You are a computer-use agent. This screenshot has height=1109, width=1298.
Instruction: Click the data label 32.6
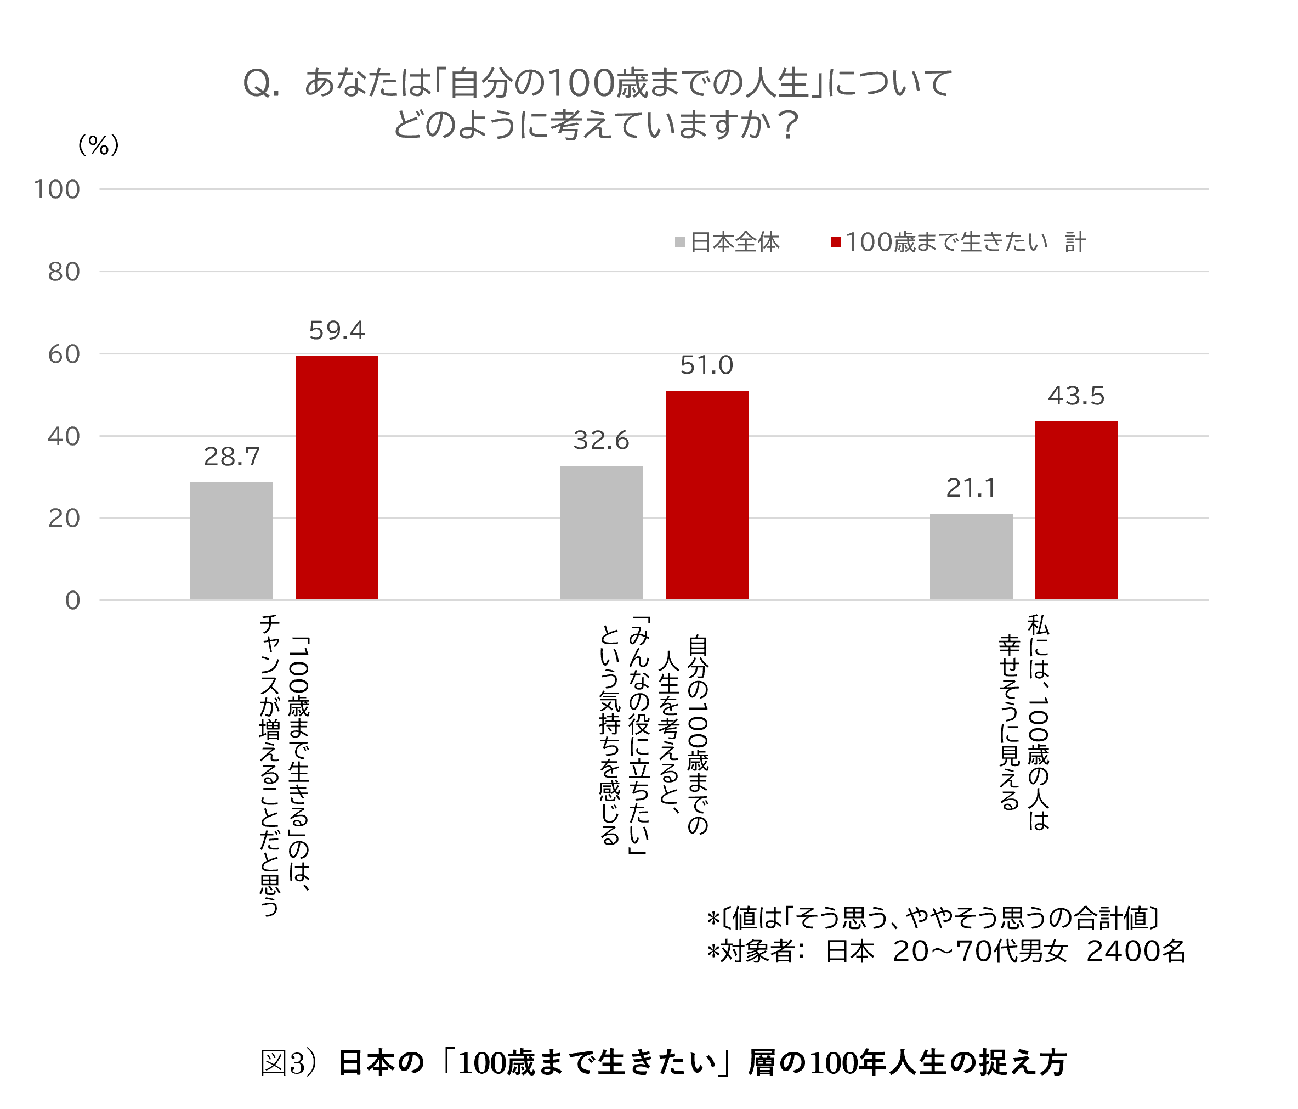point(601,440)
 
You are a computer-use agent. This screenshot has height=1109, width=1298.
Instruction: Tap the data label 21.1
point(971,488)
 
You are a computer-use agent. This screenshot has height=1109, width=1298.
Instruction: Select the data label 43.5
point(1076,396)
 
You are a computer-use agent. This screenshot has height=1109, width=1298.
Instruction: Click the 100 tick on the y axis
point(57,189)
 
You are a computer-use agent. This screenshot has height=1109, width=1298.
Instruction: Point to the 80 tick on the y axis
point(64,272)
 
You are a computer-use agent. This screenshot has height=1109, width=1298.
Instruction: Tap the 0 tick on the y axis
point(73,600)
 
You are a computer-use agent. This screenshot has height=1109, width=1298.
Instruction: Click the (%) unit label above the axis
point(98,145)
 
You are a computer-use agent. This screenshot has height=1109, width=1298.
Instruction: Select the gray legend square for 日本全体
point(681,242)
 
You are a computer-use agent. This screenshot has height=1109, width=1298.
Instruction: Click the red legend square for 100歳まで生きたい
point(836,242)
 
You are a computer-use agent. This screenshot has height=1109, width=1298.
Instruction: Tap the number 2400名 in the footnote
point(1136,951)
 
